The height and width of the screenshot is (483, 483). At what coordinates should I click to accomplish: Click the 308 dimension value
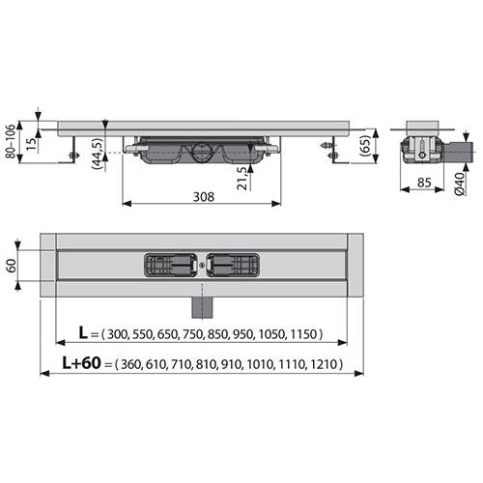pyautogui.click(x=201, y=196)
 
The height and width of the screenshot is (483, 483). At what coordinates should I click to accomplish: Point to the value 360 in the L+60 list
pyautogui.click(x=134, y=366)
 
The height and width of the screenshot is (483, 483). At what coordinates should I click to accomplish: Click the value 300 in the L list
pyautogui.click(x=117, y=335)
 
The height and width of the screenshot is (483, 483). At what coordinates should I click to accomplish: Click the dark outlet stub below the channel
pyautogui.click(x=200, y=304)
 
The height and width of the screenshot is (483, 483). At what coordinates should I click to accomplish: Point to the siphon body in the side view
pyautogui.click(x=200, y=154)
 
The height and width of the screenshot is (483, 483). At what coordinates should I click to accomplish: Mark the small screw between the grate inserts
pyautogui.click(x=200, y=262)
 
